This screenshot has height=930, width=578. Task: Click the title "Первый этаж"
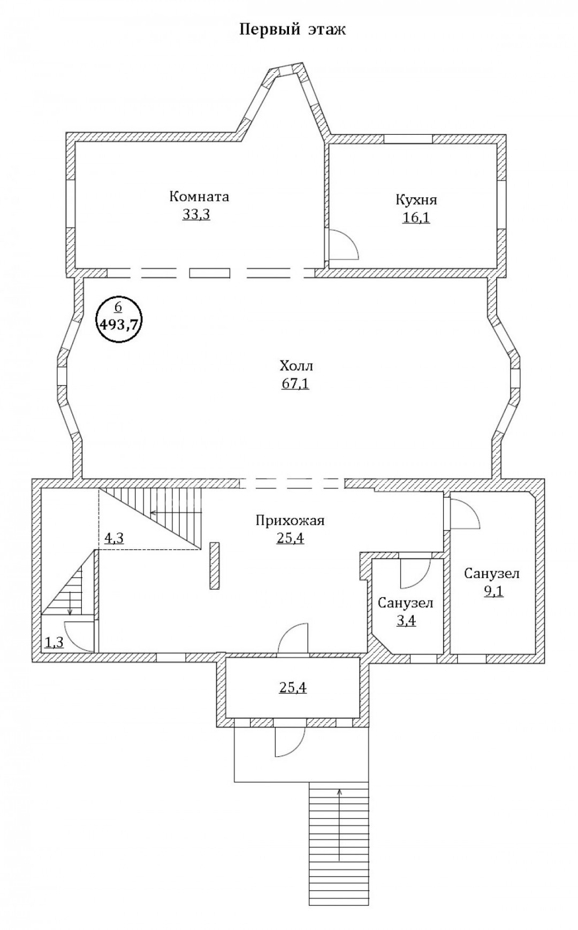pos(292,30)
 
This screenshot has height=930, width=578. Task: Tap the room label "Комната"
pos(199,196)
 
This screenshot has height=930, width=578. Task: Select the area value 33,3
pos(196,214)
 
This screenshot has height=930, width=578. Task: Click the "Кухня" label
pos(416,200)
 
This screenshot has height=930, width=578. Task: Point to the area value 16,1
pos(416,218)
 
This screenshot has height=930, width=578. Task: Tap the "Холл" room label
pos(295,366)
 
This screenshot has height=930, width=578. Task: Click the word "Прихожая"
pos(290,520)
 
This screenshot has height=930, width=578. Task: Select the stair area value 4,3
pos(113,539)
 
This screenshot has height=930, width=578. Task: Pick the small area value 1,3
pos(54,642)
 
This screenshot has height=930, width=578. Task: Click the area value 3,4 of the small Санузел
pos(405,621)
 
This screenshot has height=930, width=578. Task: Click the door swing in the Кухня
pos(343,244)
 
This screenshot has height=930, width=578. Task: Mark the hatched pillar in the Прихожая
pos(215,566)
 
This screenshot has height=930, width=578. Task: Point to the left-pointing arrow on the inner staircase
pos(177,512)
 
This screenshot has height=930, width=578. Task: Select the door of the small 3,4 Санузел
pos(415,573)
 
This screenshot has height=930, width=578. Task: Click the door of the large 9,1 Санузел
pos(465,514)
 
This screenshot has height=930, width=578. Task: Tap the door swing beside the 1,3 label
pos(79,636)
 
